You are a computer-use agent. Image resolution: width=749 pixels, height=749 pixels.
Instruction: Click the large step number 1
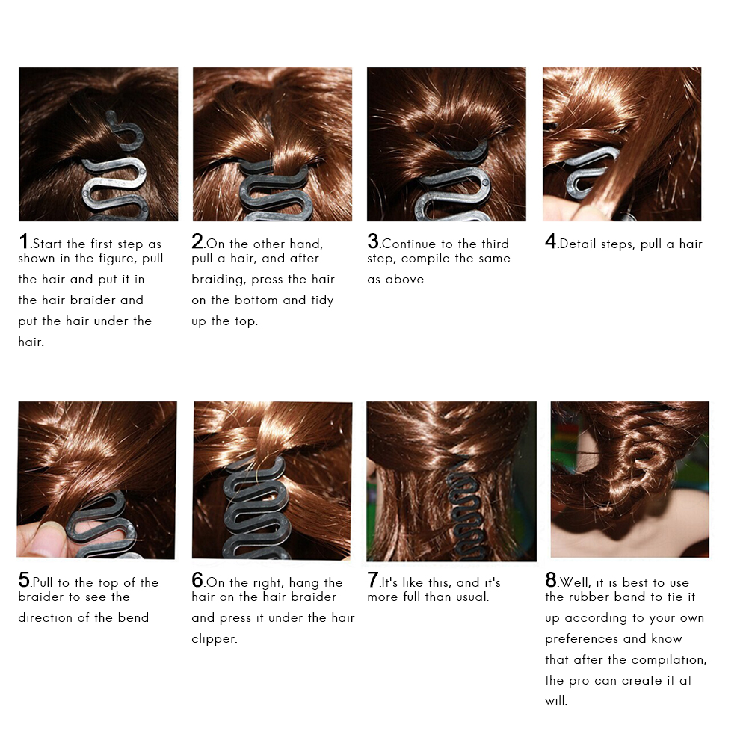click(x=24, y=241)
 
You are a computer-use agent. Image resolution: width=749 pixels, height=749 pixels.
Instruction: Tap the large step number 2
click(x=197, y=241)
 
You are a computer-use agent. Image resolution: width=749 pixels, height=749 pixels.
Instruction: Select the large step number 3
click(x=373, y=241)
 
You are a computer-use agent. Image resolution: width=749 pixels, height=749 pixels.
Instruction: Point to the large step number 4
click(x=550, y=241)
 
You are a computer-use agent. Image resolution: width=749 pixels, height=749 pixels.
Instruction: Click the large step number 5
click(x=24, y=580)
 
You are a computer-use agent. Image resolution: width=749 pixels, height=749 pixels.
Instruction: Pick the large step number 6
click(x=198, y=580)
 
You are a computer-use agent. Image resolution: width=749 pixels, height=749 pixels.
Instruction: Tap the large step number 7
click(x=373, y=580)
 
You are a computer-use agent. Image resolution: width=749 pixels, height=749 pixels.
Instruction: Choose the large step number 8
click(x=551, y=580)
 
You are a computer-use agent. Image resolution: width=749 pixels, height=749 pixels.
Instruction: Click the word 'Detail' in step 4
click(x=579, y=244)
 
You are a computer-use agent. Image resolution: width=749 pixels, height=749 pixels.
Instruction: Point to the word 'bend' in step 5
click(x=133, y=618)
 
